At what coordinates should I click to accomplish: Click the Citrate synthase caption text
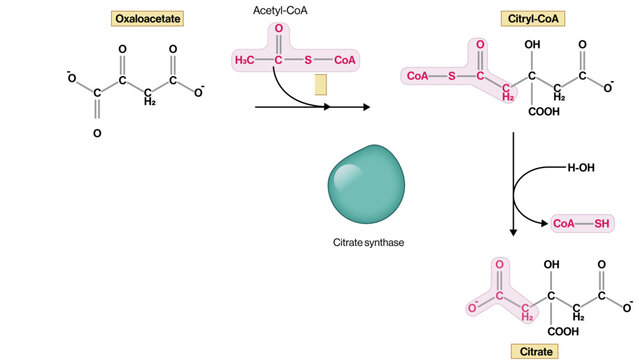(367, 243)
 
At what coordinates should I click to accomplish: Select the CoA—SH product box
(580, 224)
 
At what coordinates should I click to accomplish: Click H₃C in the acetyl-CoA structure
(245, 62)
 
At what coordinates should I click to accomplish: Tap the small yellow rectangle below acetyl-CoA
(320, 86)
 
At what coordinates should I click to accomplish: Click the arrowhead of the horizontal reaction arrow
(365, 106)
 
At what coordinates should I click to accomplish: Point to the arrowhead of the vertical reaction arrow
(513, 233)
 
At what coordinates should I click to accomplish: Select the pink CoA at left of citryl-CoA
(417, 74)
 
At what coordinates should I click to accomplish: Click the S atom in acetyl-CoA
(311, 62)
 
